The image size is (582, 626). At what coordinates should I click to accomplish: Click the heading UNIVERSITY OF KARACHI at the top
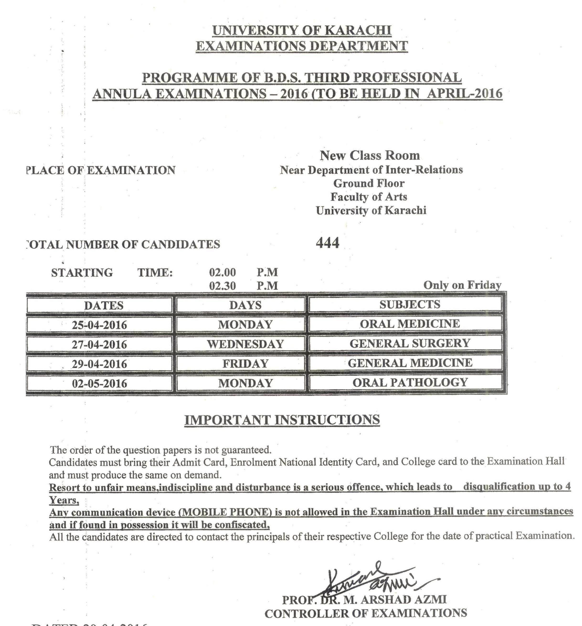[x=302, y=31]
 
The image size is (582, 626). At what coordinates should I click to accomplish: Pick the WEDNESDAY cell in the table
[x=245, y=344]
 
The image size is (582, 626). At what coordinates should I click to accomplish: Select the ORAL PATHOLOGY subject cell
[x=410, y=382]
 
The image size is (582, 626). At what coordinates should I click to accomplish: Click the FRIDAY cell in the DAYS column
[x=245, y=364]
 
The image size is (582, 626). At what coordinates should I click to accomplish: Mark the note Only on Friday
[x=462, y=285]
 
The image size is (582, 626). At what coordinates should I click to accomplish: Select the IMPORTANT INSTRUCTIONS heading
[x=282, y=420]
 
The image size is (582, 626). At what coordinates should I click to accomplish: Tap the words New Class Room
[x=370, y=156]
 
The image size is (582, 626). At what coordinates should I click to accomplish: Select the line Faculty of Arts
[x=368, y=197]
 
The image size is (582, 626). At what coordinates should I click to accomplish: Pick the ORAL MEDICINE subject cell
[x=410, y=324]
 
